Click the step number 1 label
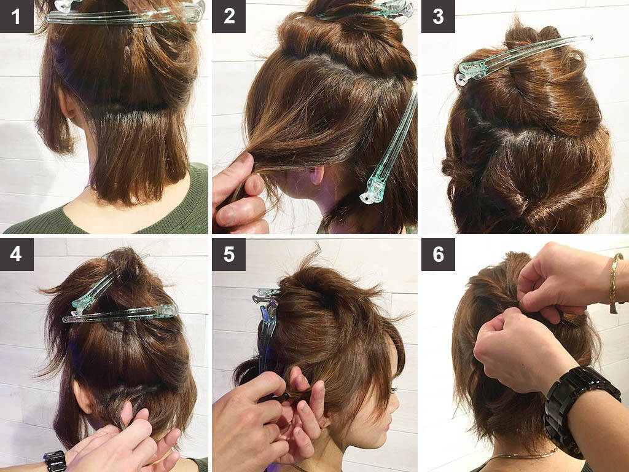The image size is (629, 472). (x=17, y=16)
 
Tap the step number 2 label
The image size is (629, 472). (x=229, y=16)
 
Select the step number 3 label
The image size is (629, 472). (x=438, y=16)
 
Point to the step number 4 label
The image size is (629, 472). (x=17, y=254)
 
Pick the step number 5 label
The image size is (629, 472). (x=229, y=254)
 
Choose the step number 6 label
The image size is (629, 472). (x=438, y=254)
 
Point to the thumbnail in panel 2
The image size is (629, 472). (x=255, y=186)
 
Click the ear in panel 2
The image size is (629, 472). (x=318, y=175)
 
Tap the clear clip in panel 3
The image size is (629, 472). (x=522, y=58)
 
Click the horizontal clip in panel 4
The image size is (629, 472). (x=120, y=313)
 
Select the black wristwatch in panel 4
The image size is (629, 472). (x=55, y=461)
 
